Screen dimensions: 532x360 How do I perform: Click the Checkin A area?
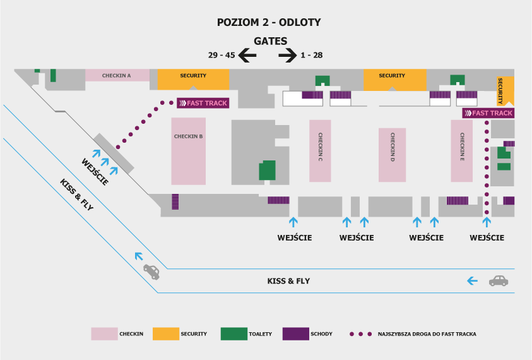[x=117, y=75]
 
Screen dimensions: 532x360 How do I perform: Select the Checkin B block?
[x=188, y=151]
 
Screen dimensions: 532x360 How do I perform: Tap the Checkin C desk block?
[x=320, y=151]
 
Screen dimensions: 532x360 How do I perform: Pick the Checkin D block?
[x=392, y=155]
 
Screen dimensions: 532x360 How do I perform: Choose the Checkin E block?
[x=462, y=151]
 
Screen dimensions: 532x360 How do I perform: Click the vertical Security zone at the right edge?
[x=505, y=91]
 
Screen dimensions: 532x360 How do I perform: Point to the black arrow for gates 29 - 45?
[x=247, y=55]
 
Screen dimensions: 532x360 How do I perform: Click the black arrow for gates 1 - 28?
[x=288, y=55]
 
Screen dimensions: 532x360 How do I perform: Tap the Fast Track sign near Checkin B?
[x=203, y=103]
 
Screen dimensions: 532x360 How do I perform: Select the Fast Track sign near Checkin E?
[x=488, y=113]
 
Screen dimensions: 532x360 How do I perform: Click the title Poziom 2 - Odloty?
[x=269, y=22]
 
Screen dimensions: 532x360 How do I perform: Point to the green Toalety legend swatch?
[x=233, y=334]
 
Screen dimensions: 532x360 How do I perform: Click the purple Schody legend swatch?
[x=296, y=334]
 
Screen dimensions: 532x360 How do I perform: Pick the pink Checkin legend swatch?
[x=104, y=334]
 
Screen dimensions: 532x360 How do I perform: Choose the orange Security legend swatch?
[x=166, y=334]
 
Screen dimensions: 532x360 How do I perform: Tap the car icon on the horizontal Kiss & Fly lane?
[x=499, y=281]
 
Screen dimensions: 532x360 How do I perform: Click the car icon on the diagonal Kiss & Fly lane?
[x=151, y=272]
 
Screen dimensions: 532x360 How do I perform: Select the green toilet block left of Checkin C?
[x=268, y=170]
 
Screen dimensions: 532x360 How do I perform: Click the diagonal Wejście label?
[x=95, y=172]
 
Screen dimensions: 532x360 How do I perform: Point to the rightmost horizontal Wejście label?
[x=487, y=237]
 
